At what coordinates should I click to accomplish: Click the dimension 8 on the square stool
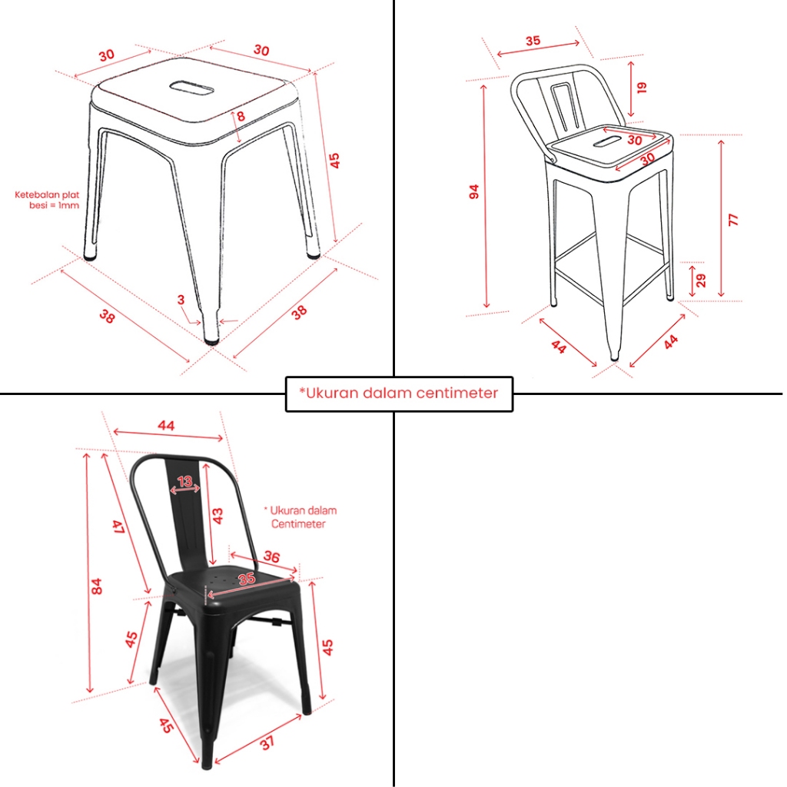241,116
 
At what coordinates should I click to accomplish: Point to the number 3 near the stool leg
181,300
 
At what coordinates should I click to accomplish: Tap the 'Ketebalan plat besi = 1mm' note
47,200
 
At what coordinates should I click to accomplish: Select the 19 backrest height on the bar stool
642,88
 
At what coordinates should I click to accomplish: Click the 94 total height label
474,191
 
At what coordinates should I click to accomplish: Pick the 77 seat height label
733,219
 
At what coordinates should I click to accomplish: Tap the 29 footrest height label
701,280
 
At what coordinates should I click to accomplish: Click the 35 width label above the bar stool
533,41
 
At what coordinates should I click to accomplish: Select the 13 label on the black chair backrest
185,481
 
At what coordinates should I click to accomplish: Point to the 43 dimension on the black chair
218,516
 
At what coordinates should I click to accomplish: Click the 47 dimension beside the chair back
118,526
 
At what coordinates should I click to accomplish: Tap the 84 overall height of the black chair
96,586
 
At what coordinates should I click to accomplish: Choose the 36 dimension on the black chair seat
271,556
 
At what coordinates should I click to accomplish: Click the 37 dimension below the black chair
267,742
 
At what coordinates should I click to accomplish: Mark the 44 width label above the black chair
166,426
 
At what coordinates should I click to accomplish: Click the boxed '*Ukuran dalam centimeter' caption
399,393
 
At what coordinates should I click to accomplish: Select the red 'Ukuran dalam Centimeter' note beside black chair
301,517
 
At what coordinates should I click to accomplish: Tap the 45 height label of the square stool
335,160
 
